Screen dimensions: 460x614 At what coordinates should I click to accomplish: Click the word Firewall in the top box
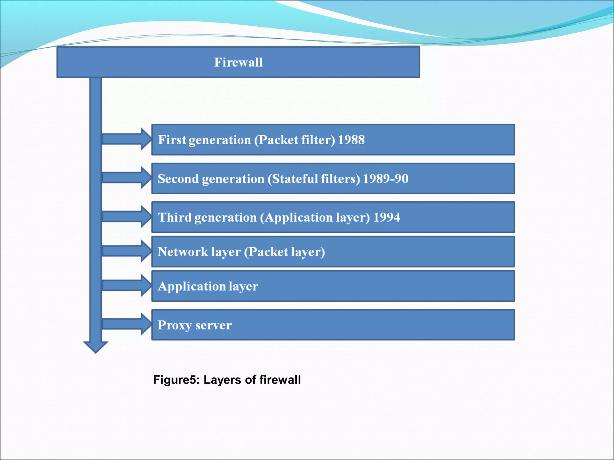point(238,62)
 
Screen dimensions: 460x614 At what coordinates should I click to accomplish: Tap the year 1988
point(351,140)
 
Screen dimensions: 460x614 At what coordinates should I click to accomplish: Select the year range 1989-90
point(386,179)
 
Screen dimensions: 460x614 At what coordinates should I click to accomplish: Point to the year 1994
point(386,217)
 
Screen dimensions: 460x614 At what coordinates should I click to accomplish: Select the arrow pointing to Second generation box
point(126,178)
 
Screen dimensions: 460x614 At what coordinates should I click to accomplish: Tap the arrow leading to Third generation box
point(126,217)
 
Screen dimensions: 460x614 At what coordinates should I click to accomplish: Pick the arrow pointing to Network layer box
point(126,251)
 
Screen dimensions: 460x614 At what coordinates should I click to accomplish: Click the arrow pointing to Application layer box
point(126,285)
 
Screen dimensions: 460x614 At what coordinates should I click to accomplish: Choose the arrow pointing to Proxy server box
point(126,324)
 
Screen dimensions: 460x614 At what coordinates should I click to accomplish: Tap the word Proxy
point(174,326)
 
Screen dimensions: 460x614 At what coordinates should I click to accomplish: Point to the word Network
point(183,252)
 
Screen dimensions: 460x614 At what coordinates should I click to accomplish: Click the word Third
point(174,217)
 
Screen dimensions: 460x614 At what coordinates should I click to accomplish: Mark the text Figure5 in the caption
point(176,380)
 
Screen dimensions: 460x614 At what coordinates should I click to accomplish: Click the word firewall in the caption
point(280,380)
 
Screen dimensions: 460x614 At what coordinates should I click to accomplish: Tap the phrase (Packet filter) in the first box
point(294,140)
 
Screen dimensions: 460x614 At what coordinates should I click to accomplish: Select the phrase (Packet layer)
point(284,252)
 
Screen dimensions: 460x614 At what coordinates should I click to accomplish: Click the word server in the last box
point(213,326)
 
